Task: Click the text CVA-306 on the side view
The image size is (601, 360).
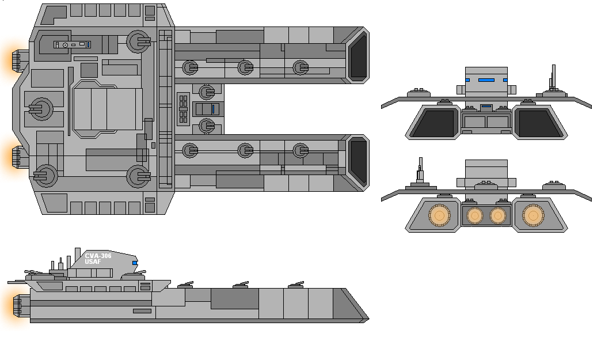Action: pos(98,256)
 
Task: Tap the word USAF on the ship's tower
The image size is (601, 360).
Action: pos(93,262)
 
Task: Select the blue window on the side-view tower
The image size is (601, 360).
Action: pos(135,263)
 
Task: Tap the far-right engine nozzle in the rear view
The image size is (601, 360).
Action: pos(533,215)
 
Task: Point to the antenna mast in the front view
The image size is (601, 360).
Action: pos(553,78)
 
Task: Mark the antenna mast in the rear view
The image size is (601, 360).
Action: pos(420,170)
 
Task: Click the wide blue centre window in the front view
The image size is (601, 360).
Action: pos(486,80)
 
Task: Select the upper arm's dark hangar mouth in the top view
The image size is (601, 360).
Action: pos(359,55)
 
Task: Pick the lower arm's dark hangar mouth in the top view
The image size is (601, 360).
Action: pos(359,162)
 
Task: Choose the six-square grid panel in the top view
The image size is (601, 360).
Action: pos(183,109)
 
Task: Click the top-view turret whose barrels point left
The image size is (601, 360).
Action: pos(40,109)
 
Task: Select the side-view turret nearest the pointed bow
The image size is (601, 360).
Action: pos(296,285)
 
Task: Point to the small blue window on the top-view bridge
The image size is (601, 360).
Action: pos(88,45)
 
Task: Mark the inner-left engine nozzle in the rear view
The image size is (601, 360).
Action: pos(474,215)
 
